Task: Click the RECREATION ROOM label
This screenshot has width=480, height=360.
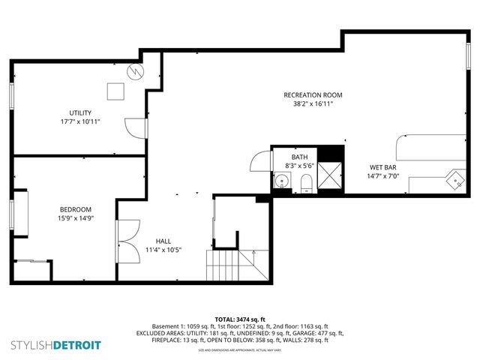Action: click(313, 94)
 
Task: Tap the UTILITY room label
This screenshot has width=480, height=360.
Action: click(81, 112)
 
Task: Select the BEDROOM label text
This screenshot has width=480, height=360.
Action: click(76, 209)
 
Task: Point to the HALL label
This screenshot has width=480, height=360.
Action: click(163, 241)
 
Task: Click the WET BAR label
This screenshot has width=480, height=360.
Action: click(383, 167)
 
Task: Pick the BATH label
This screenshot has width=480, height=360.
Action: click(300, 157)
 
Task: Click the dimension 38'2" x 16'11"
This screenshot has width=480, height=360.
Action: click(313, 104)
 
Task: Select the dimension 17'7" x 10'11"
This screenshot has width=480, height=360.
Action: click(81, 121)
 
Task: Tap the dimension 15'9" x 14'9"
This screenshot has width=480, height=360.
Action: click(76, 218)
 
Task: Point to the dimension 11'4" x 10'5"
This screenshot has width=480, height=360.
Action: click(163, 250)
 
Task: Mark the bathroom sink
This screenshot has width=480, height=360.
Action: click(282, 180)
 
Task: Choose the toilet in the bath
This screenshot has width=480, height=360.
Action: click(305, 181)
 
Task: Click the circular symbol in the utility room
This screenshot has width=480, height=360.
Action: click(136, 71)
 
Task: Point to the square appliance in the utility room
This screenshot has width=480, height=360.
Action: click(115, 91)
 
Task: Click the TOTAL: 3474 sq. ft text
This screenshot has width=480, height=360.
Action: click(239, 319)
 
